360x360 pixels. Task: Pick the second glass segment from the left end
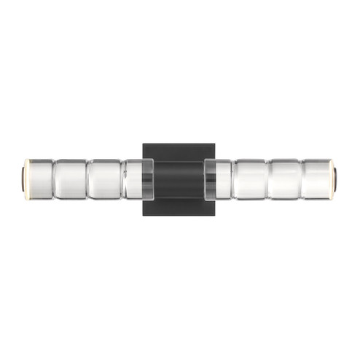71,179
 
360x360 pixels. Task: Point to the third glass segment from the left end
104,179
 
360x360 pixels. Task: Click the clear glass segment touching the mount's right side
224,179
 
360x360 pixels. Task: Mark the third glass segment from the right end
251,179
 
